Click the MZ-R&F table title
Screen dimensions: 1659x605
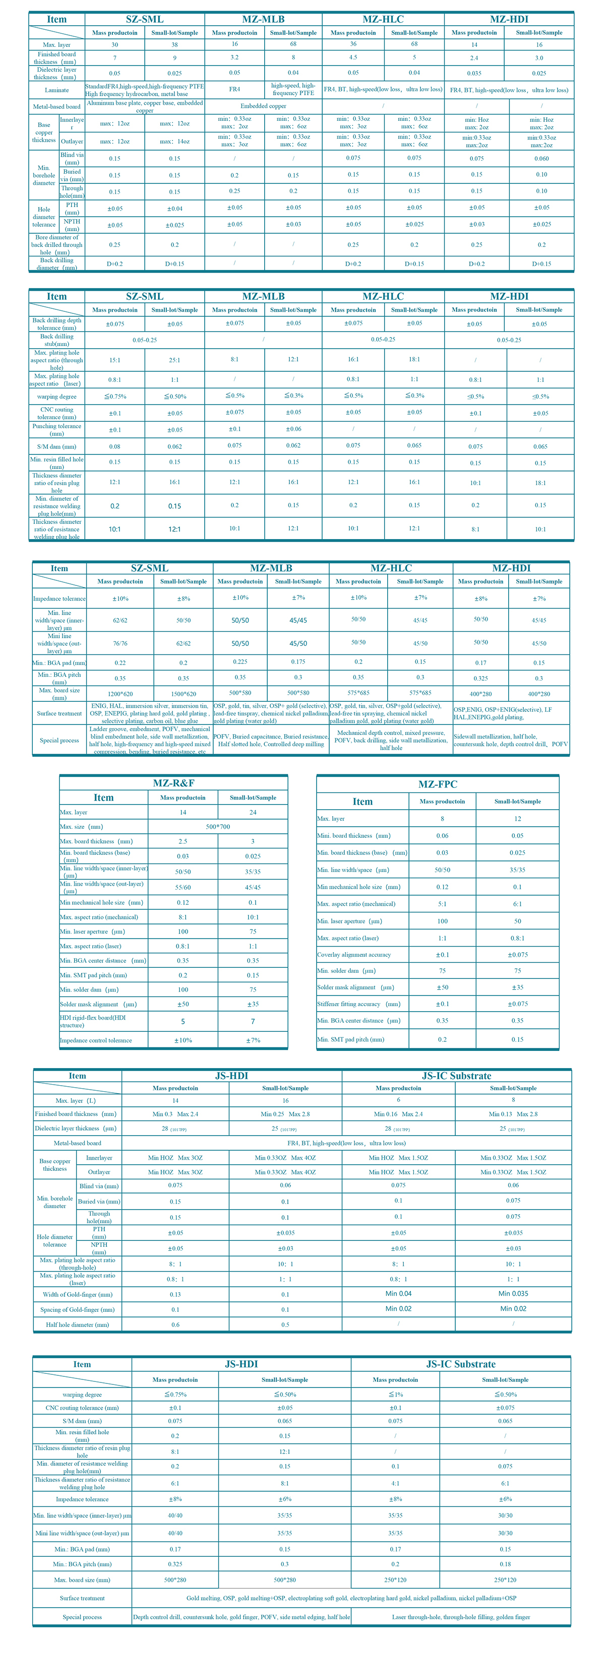coord(173,783)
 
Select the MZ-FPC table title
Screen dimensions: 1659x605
coord(438,784)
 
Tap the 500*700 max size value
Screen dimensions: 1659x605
coord(218,826)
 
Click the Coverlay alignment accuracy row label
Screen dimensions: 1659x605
coord(354,954)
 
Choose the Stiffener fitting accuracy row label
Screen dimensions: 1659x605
coord(358,1004)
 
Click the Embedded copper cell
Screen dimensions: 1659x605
coord(264,106)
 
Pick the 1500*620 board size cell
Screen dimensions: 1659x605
coord(184,694)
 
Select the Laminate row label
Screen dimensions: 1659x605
coord(56,90)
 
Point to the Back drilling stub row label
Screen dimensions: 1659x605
coord(56,340)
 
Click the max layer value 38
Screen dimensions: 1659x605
coord(174,45)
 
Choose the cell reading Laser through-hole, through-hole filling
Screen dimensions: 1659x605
coord(461,1617)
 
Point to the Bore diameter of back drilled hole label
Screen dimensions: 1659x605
coord(56,245)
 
